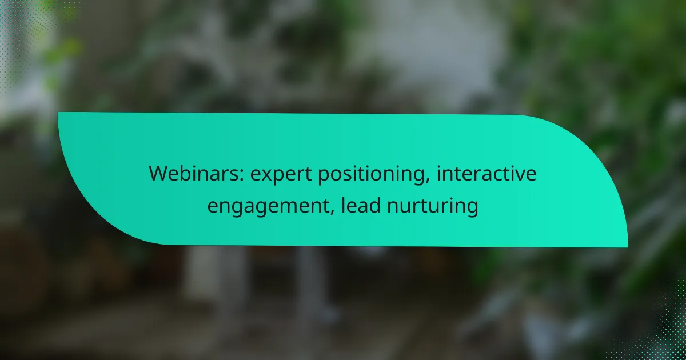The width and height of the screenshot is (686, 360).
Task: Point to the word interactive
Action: pyautogui.click(x=486, y=173)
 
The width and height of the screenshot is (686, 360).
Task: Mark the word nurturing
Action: pyautogui.click(x=432, y=207)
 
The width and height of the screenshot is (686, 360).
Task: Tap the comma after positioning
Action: pyautogui.click(x=427, y=180)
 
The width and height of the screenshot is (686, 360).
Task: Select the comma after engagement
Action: pyautogui.click(x=332, y=212)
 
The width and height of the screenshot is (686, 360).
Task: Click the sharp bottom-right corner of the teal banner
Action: pyautogui.click(x=628, y=247)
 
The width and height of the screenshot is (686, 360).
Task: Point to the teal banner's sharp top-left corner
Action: pyautogui.click(x=58, y=113)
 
